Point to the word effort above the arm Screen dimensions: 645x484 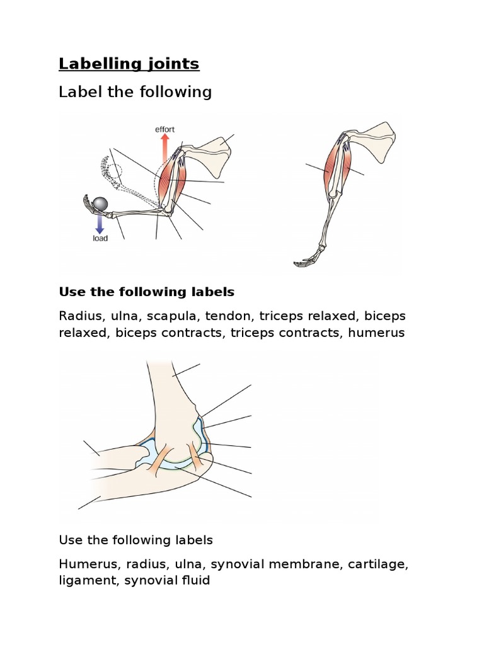coord(164,129)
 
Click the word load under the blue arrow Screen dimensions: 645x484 coord(99,239)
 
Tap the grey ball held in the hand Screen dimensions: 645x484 coord(100,203)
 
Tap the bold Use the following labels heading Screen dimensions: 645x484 coord(146,292)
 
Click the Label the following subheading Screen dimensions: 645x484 coord(135,93)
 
